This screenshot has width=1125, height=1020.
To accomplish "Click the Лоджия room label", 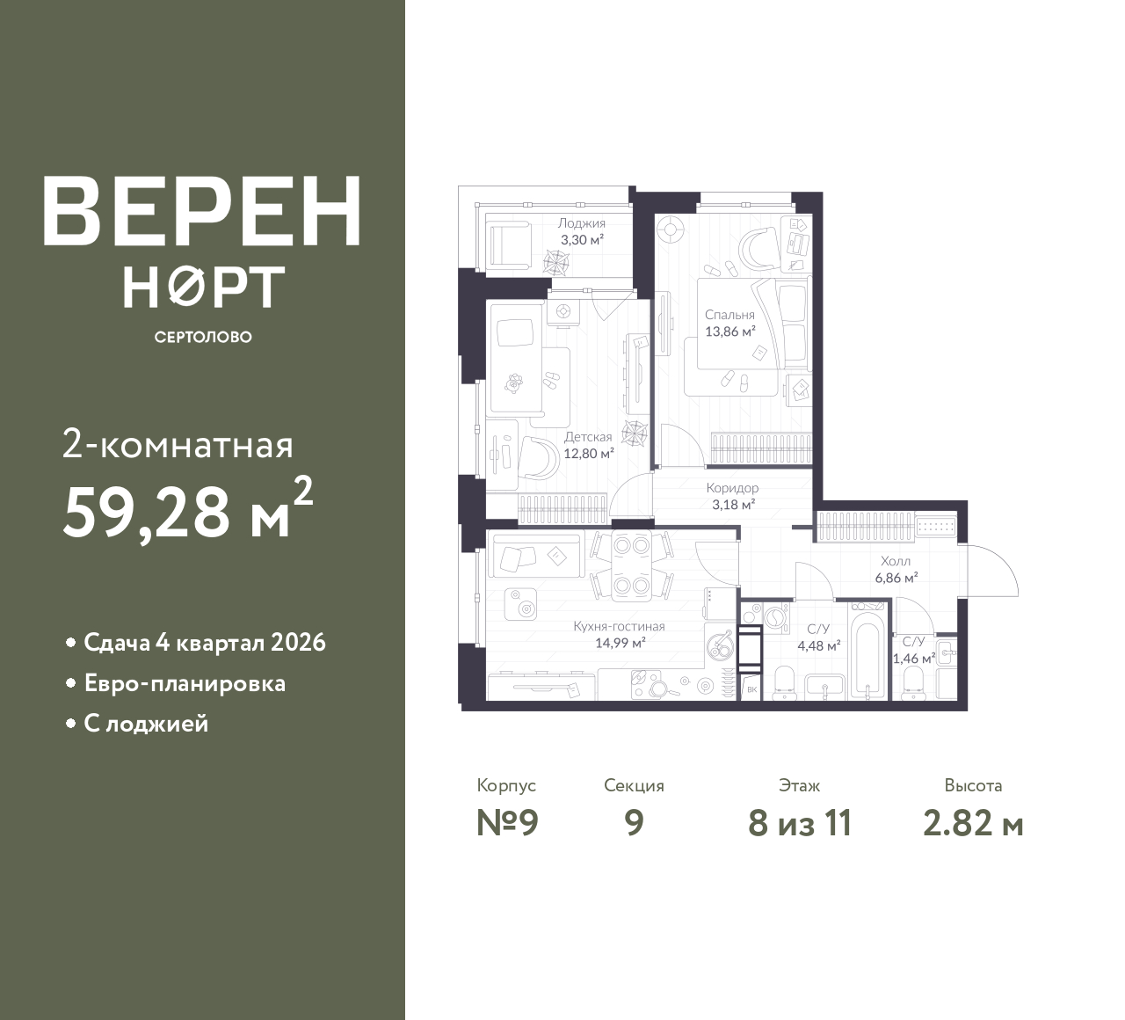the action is pos(582,223).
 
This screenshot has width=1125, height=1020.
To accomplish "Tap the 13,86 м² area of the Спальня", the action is pos(730,331).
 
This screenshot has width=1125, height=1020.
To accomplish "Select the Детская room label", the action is pos(588,436).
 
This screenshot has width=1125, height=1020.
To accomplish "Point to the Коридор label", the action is pos(732,487).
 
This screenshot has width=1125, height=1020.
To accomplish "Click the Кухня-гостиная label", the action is pos(619,626).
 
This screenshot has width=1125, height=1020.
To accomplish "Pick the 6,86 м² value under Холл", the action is pos(896,578).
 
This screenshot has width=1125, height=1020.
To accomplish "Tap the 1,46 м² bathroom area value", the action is pos(914,658).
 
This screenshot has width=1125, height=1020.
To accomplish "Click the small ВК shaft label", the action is pos(752,690).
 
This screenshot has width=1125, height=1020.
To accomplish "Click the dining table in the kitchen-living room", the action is pos(631,565).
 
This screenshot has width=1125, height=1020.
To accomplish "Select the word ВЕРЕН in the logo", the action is pos(202,212).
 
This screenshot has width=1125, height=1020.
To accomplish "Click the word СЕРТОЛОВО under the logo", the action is pos(203,337).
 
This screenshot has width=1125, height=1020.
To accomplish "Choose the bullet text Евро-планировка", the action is pos(185,683).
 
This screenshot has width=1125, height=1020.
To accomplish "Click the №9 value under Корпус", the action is pos(507,823).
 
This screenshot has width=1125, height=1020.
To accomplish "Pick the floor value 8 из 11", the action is pos(800,823).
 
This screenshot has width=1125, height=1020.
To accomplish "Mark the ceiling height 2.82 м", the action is pos(973,824).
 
